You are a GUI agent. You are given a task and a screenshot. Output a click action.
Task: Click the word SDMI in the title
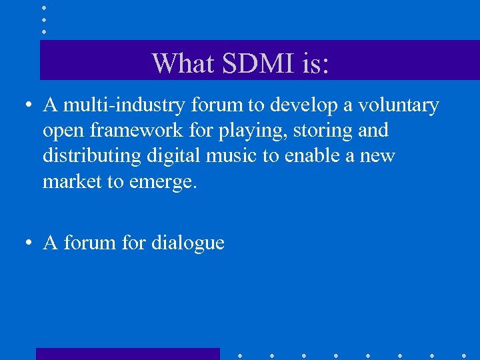point(250,63)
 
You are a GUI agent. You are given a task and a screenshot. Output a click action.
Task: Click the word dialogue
point(187,243)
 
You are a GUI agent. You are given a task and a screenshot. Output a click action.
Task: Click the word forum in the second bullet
point(89,243)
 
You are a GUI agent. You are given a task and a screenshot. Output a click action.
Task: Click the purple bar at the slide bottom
point(127,353)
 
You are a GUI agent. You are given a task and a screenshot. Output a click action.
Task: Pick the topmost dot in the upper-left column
point(44,7)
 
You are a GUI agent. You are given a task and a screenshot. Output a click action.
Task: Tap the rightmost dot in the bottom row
point(464,355)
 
